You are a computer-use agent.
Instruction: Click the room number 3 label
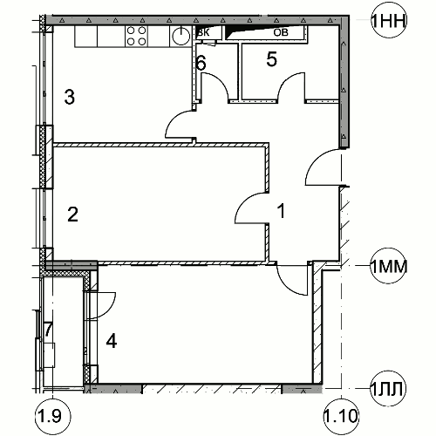click(x=70, y=97)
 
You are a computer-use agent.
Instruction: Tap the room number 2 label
click(x=72, y=215)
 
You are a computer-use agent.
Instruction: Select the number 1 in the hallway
click(x=281, y=211)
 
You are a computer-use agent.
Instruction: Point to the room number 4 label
click(x=112, y=341)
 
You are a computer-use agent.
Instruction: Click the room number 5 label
click(x=272, y=59)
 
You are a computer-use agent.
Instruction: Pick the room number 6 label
click(x=201, y=63)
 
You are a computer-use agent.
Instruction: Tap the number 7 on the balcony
click(x=48, y=330)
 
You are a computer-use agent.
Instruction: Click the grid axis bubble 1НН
click(x=389, y=20)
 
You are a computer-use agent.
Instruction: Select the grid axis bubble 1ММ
click(x=389, y=266)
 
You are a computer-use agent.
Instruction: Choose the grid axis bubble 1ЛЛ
click(x=387, y=388)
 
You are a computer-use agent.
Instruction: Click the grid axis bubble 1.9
click(x=52, y=416)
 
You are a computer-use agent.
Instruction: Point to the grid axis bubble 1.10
click(x=341, y=416)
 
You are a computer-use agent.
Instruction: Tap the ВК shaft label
click(x=203, y=32)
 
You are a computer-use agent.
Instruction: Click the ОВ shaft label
click(x=281, y=32)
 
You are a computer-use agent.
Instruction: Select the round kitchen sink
click(x=181, y=36)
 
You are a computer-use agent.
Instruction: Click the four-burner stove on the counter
click(x=136, y=36)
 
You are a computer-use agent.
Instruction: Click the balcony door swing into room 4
click(x=110, y=309)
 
